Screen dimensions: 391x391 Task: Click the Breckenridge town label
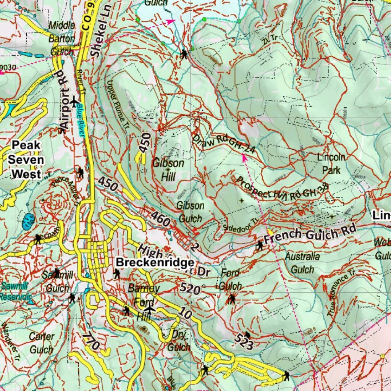pyautogui.click(x=155, y=263)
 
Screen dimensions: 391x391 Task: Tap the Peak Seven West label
pyautogui.click(x=26, y=160)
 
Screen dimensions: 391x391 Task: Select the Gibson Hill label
pyautogui.click(x=168, y=170)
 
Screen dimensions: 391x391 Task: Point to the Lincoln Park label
pyautogui.click(x=331, y=163)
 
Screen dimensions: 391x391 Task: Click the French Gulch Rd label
pyautogui.click(x=310, y=234)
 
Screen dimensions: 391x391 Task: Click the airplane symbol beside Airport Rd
pyautogui.click(x=74, y=102)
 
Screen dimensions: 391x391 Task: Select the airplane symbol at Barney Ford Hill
pyautogui.click(x=150, y=309)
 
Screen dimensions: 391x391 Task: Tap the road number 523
pyautogui.click(x=244, y=341)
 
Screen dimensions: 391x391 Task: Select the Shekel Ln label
pyautogui.click(x=99, y=32)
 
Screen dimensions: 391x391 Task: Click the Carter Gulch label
pyautogui.click(x=42, y=343)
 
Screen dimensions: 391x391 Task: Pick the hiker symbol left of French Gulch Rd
pyautogui.click(x=260, y=245)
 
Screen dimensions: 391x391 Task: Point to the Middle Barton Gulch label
pyautogui.click(x=62, y=38)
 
